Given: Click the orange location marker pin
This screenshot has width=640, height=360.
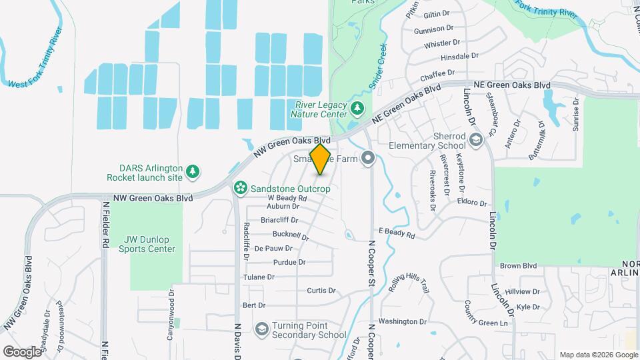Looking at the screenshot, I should coord(320,159).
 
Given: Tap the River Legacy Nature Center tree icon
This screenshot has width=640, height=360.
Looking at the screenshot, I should coord(358,107).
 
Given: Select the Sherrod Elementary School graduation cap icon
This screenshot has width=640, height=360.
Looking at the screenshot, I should coord(475,139).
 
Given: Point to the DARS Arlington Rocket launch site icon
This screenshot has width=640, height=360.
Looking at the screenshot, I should coord(193,171).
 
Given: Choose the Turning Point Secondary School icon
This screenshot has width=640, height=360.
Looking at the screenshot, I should coord(262,329).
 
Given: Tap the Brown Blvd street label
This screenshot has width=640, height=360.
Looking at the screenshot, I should coord(518,265).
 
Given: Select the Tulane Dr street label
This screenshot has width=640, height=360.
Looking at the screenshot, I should coord(259,277).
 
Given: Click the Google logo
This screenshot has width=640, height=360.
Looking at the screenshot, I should coord(23,351).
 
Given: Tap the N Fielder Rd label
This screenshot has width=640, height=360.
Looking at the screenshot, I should coord(105,226).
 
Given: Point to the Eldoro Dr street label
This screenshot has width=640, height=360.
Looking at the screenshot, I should coord(473,201).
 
